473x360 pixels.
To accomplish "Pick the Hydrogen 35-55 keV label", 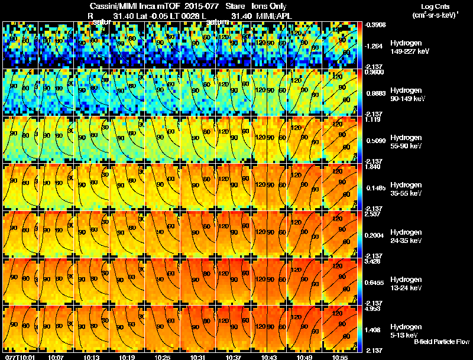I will pos(407,189).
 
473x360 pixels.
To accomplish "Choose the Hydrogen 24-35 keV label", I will pos(407,236).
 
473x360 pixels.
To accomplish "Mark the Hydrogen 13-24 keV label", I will pos(407,283).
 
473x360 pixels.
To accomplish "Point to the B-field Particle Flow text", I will pos(441,342).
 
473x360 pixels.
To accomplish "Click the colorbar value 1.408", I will pos(373,330).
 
